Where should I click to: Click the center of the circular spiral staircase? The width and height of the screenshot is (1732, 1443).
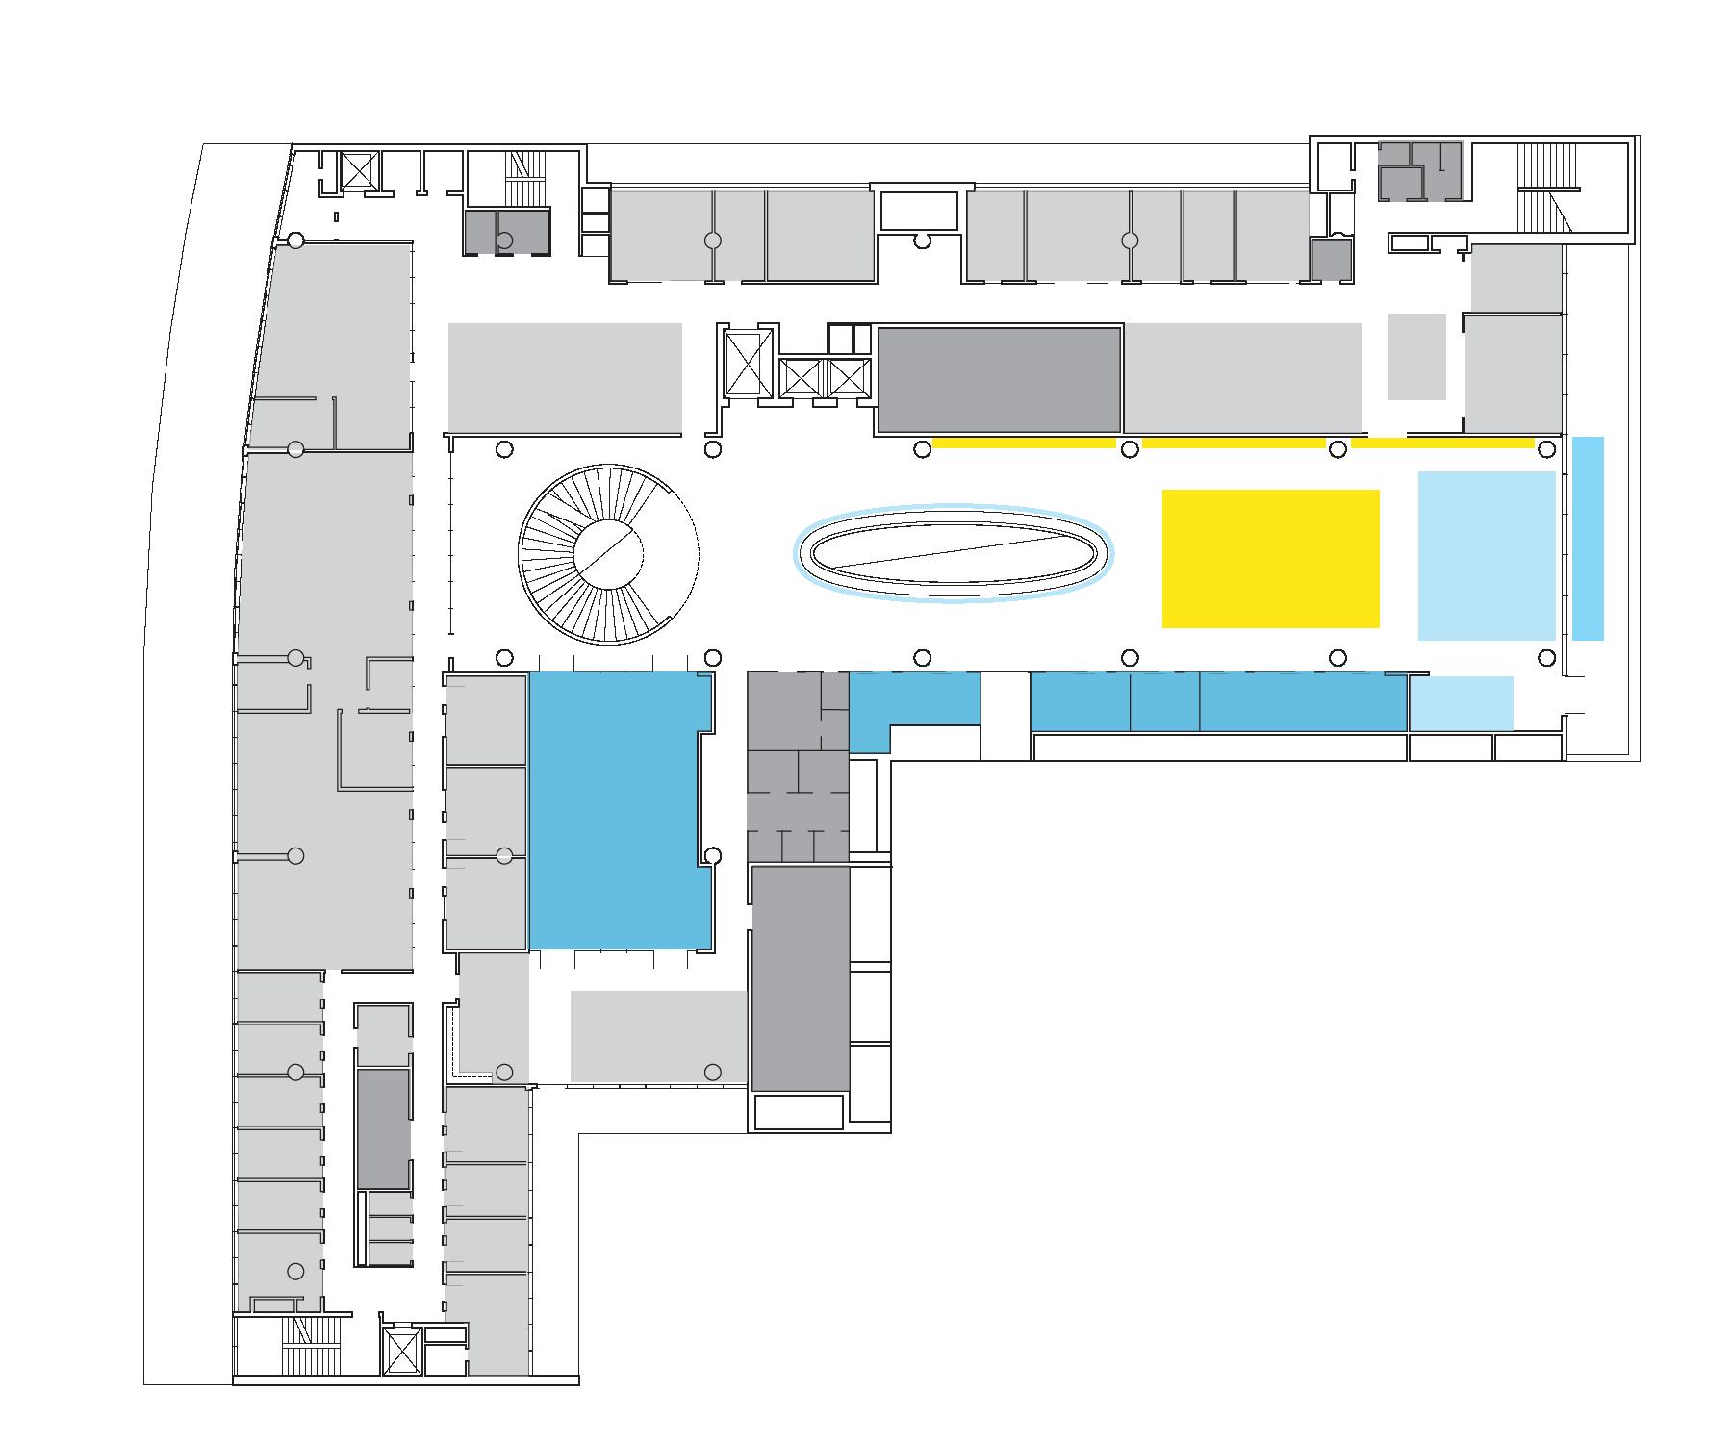(608, 554)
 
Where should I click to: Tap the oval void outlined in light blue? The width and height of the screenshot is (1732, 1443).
(953, 553)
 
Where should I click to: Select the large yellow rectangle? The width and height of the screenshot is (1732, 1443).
(1270, 558)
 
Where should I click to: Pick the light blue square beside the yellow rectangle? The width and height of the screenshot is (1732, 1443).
(1487, 555)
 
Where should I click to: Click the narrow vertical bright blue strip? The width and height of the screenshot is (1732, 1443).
(1588, 538)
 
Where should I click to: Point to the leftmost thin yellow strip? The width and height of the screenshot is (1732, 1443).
(1024, 443)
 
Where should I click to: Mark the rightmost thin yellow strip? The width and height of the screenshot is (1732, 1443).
(1441, 443)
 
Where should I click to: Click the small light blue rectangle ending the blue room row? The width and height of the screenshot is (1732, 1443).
(1461, 703)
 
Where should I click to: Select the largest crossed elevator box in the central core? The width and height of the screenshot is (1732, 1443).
(749, 363)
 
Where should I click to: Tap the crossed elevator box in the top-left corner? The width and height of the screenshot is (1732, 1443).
(359, 172)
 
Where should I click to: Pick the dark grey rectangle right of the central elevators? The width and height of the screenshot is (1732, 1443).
(999, 380)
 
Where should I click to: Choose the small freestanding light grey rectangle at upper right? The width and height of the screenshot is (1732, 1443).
(1416, 356)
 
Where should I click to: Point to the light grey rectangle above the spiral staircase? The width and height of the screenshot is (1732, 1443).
(565, 377)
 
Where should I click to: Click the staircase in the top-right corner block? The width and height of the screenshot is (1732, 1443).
(1543, 189)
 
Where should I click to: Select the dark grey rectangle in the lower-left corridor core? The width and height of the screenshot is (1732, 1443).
(383, 1127)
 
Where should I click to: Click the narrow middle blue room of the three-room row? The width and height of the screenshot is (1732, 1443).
(1164, 702)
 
